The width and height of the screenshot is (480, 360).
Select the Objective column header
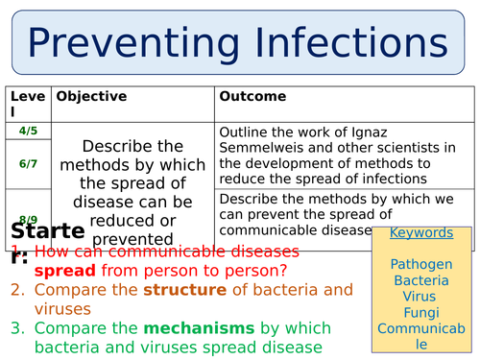[x=91, y=97]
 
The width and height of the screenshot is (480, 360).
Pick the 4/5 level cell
[x=28, y=131]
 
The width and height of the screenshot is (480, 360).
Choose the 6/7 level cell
[x=28, y=164]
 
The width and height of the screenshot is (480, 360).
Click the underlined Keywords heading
[x=421, y=233]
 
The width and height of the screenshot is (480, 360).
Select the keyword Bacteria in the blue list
[x=421, y=280]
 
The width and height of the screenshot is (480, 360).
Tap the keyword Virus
[x=421, y=297]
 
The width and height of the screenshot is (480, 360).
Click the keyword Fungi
[x=421, y=314]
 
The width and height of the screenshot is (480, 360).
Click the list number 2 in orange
[x=16, y=289]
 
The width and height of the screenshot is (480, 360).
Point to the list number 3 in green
[x=16, y=327]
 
